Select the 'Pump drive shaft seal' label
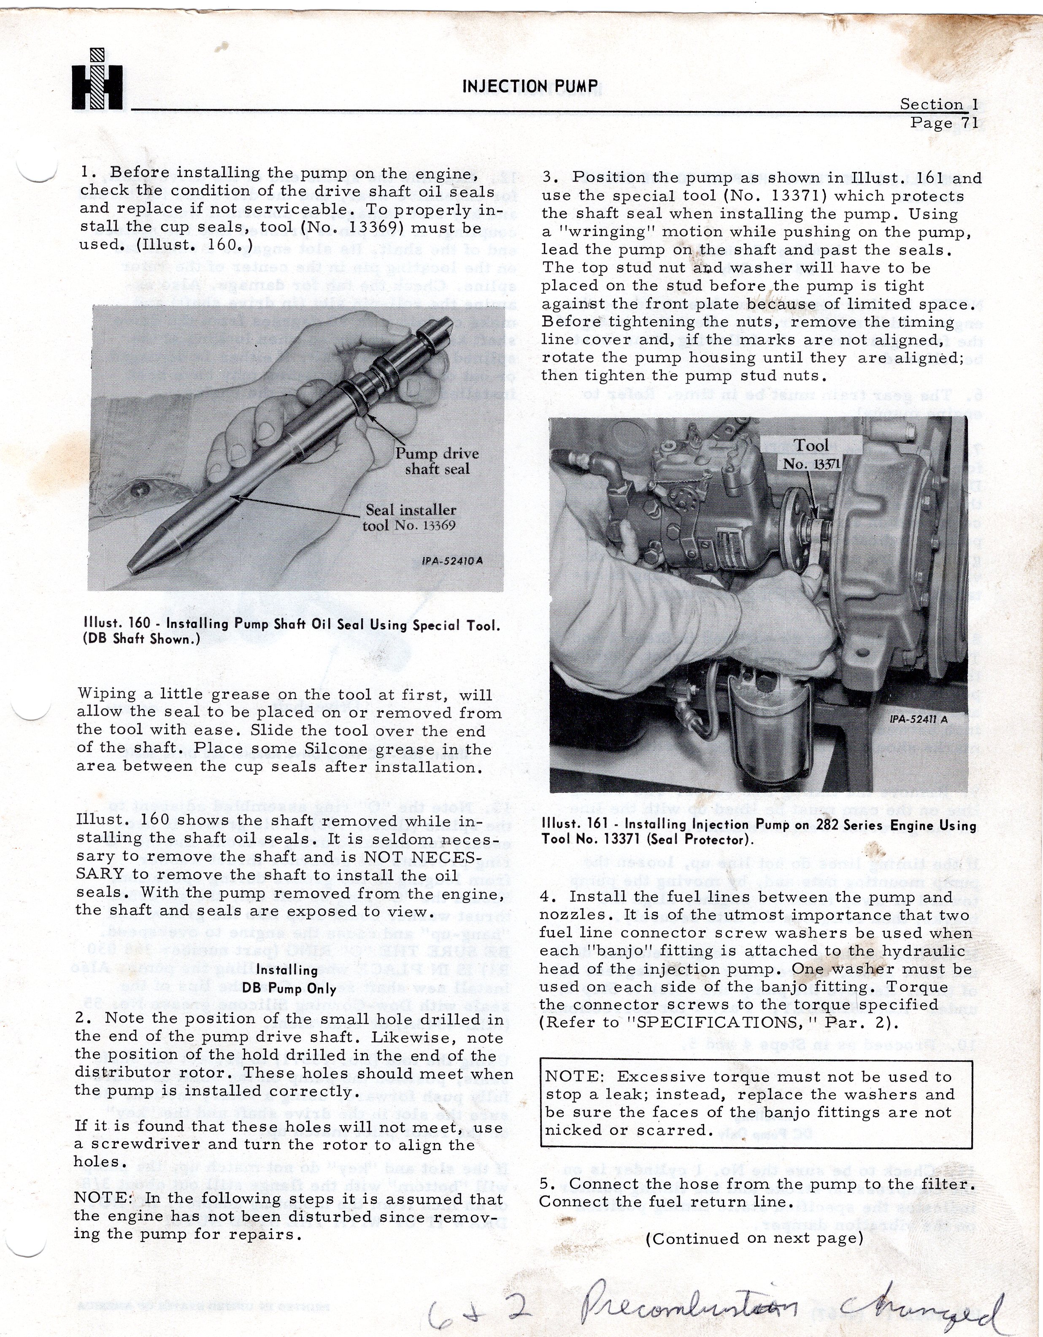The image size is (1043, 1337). (x=437, y=461)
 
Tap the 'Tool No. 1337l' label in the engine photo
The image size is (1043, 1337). (x=811, y=454)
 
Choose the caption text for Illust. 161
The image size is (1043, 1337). (x=759, y=832)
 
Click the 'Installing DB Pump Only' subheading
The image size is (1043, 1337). (x=288, y=979)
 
